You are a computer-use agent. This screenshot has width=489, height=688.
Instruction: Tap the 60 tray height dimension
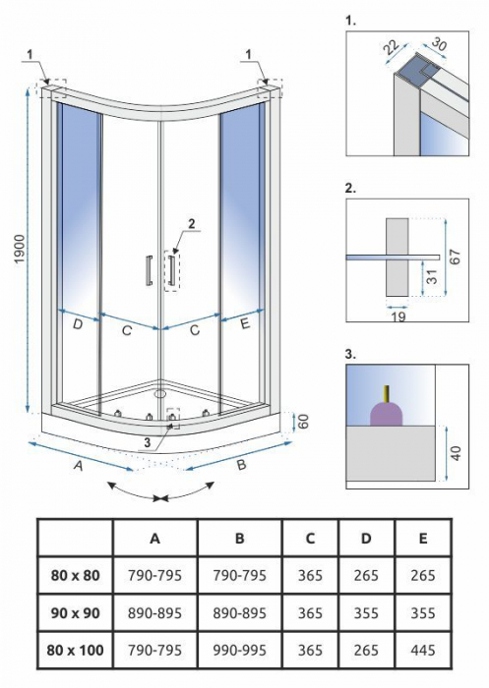304,422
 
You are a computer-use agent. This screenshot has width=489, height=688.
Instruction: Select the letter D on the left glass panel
78,324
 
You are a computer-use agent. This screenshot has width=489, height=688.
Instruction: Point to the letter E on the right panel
245,323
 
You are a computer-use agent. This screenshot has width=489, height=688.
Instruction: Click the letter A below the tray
78,466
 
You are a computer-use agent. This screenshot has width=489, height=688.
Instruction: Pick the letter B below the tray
241,465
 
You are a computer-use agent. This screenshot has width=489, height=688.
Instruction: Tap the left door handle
150,270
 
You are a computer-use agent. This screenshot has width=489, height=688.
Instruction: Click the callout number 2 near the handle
191,224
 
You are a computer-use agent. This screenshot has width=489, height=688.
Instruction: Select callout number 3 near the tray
147,442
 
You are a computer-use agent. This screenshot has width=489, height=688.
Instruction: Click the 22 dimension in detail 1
392,47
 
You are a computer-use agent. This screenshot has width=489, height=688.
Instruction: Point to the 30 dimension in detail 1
437,43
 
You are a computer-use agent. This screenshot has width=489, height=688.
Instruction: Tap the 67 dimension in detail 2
456,257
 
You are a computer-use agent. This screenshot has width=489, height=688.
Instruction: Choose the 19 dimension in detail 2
398,316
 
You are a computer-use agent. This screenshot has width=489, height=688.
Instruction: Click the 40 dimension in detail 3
457,453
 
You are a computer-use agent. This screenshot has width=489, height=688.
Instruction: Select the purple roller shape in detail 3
387,413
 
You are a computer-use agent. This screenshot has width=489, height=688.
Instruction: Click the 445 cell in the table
423,651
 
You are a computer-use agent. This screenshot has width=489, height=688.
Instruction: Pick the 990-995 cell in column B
239,651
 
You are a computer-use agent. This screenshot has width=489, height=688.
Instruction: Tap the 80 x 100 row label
75,651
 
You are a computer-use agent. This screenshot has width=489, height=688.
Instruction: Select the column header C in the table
310,539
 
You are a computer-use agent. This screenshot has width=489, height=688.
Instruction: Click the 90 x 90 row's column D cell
366,613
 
